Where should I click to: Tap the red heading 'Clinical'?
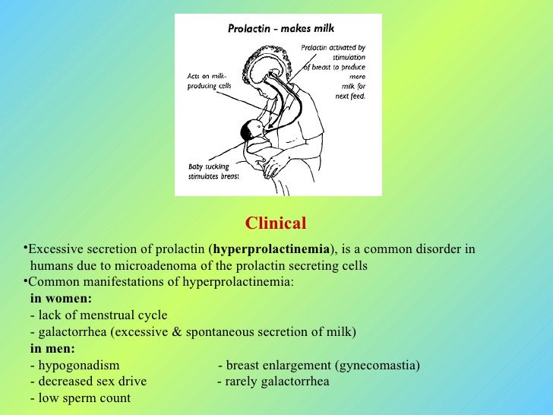coord(276,223)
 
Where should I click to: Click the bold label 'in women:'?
coord(61,299)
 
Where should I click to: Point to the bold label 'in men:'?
coord(52,349)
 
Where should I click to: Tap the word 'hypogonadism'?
coord(79,366)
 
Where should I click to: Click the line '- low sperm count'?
coord(80,398)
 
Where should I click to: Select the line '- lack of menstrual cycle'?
coord(99,315)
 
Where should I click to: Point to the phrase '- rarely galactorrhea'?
coord(273,382)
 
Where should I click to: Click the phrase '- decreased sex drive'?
coord(88,382)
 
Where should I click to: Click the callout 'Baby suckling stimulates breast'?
coord(213,171)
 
